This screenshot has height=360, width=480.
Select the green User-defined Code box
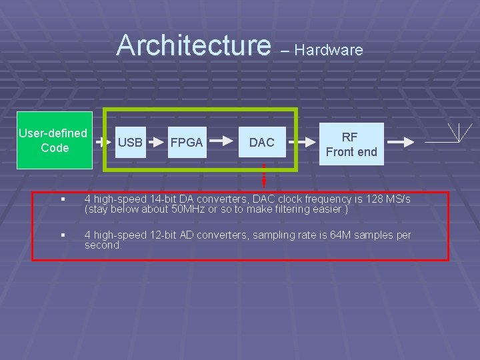(53, 141)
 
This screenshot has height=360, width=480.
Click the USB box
(130, 142)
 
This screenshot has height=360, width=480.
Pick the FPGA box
(187, 142)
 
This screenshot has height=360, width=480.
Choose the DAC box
(262, 142)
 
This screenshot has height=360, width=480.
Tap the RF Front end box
(351, 144)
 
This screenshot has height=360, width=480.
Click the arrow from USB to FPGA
(157, 142)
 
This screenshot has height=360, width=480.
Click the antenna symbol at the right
(459, 133)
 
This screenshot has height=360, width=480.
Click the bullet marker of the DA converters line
(61, 200)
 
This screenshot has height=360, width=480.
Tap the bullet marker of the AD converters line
(61, 235)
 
